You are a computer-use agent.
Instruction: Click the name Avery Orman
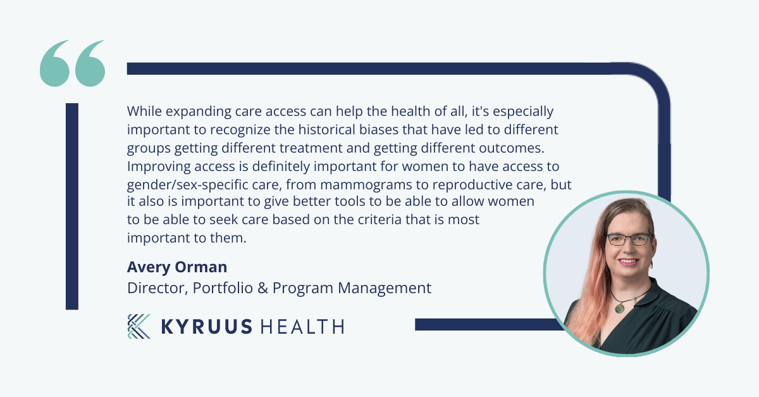[177, 267]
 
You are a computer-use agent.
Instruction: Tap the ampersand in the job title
[262, 288]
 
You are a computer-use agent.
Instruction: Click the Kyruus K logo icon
[139, 327]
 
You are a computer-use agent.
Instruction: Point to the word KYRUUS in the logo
[207, 327]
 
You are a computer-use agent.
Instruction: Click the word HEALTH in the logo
[302, 327]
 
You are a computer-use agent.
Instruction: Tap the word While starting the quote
[144, 111]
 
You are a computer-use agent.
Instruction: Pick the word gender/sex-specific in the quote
[187, 186]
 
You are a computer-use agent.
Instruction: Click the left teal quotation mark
[54, 63]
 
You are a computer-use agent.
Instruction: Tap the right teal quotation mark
[90, 63]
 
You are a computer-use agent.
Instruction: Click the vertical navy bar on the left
[72, 206]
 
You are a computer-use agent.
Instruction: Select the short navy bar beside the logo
[488, 324]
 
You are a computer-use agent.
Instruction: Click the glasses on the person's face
[629, 239]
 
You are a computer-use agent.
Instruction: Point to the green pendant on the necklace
[620, 308]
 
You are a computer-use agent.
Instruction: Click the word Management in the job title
[385, 289]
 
